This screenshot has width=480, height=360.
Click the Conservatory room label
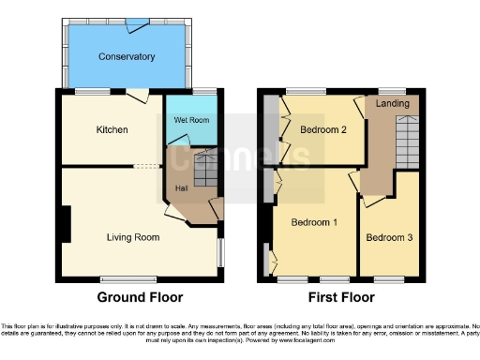point(127,57)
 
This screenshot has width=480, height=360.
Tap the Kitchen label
point(112,128)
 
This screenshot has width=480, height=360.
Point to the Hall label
point(180,187)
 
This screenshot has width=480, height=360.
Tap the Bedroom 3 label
point(389,238)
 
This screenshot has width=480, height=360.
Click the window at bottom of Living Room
point(129,278)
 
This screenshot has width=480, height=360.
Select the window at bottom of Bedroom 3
point(388,278)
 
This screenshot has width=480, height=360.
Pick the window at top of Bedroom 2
point(312,90)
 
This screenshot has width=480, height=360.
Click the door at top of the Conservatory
point(138,20)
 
